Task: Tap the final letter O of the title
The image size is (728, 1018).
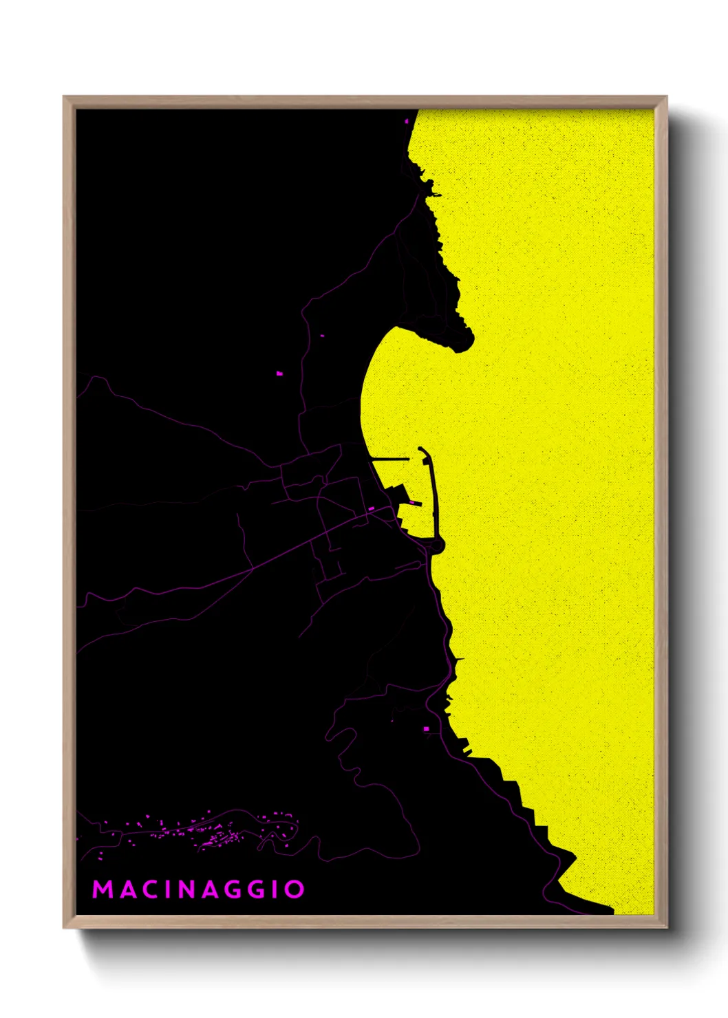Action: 295,889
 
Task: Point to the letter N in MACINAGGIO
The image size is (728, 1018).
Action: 191,889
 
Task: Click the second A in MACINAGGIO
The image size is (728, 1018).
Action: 215,889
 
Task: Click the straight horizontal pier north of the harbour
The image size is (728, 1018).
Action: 390,458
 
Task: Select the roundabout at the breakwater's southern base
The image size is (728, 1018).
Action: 437,545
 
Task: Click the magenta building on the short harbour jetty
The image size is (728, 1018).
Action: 411,503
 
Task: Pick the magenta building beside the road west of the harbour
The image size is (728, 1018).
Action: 371,509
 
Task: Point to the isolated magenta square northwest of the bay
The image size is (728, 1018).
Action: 279,373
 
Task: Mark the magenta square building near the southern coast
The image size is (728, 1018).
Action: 426,728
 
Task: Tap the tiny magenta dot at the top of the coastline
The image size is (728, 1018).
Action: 407,121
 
